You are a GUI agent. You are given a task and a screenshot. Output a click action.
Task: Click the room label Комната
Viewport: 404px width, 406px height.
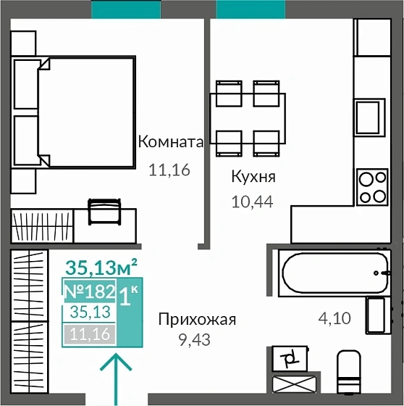[x=171, y=142]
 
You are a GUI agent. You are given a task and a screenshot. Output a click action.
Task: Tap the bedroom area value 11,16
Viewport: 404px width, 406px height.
[x=168, y=171]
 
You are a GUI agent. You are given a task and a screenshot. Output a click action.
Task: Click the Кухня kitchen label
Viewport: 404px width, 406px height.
[x=253, y=177]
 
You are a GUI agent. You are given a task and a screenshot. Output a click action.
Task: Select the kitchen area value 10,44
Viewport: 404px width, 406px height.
[x=251, y=202]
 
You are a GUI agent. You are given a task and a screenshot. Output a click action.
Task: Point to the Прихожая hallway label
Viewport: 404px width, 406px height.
[x=198, y=319]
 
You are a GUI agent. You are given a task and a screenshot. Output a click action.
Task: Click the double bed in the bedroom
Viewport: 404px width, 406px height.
[x=85, y=112]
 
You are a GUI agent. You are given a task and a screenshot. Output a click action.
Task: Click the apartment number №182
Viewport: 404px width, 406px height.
[x=90, y=292]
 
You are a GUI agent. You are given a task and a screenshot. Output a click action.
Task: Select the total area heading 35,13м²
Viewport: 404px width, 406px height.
[x=101, y=268]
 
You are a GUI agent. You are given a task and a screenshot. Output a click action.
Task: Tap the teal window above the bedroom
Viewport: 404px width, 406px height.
[x=126, y=9]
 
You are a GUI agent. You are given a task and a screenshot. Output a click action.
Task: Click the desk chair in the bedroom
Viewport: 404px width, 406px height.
[x=104, y=211]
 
